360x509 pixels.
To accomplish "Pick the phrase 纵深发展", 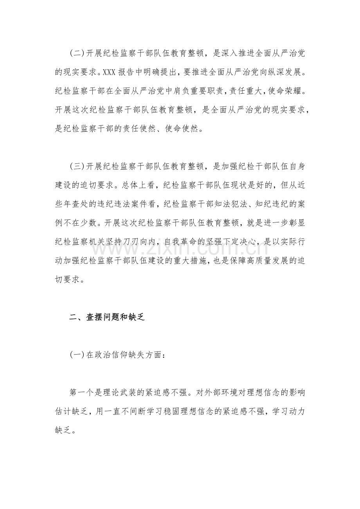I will pyautogui.click(x=282, y=72).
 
